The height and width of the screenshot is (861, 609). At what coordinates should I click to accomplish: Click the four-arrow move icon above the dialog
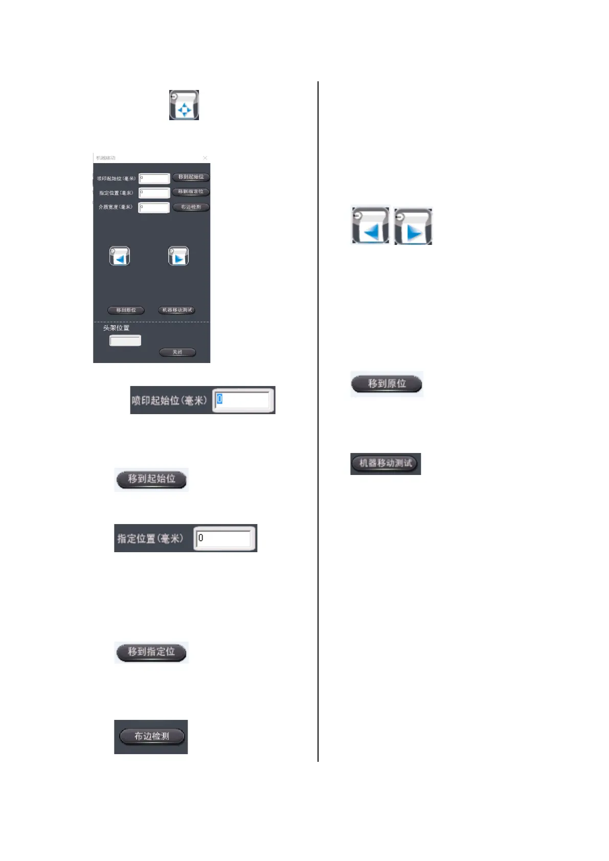tap(184, 105)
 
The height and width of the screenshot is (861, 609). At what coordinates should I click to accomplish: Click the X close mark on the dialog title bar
tap(205, 158)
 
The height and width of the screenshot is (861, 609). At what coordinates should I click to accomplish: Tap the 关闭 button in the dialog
tap(177, 352)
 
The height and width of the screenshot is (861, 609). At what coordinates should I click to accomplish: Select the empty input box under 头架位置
tap(125, 341)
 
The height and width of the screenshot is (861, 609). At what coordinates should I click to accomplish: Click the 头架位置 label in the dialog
tap(117, 328)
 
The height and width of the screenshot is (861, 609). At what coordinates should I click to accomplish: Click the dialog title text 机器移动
tap(106, 158)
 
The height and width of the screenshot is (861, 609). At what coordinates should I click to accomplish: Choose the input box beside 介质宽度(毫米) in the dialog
tap(154, 208)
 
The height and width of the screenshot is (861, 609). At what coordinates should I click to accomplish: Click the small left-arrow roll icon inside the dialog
tap(120, 256)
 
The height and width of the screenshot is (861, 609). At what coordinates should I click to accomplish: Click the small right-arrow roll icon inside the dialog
tap(178, 256)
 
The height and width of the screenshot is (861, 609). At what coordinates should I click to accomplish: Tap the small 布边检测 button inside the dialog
tap(191, 207)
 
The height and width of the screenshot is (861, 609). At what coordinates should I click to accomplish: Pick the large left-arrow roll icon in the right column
tap(371, 225)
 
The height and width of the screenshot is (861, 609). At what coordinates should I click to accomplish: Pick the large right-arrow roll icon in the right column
tap(413, 226)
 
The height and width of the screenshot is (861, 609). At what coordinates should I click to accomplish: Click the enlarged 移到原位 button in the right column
tap(387, 384)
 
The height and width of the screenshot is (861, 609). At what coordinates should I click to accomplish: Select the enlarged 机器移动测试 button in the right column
tap(386, 464)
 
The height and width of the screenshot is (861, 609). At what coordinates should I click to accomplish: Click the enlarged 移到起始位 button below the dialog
tap(151, 479)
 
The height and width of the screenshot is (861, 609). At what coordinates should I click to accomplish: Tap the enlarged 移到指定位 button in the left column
tap(151, 652)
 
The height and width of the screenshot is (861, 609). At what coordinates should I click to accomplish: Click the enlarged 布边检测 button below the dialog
tap(151, 736)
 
